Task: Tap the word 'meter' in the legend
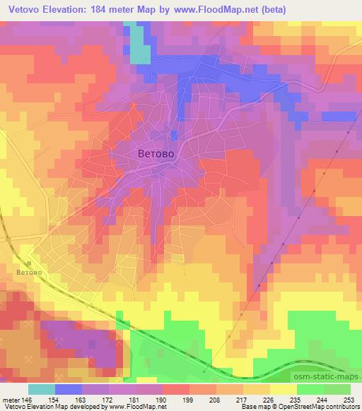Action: click(x=10, y=399)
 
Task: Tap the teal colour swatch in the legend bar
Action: click(x=42, y=389)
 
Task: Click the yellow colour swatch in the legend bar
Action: click(x=284, y=389)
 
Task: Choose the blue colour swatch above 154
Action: click(x=69, y=389)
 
